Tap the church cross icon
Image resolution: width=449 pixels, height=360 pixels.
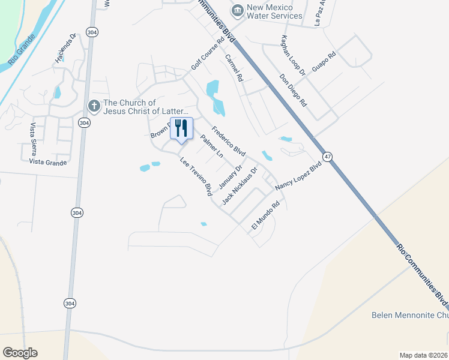click(94, 106)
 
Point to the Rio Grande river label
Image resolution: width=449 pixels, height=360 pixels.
click(23, 49)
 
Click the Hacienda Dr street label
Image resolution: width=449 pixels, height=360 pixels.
click(67, 48)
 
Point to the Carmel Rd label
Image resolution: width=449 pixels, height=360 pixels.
click(234, 68)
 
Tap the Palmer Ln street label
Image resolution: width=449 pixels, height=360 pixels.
click(212, 147)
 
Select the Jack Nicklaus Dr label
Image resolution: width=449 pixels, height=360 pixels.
click(240, 185)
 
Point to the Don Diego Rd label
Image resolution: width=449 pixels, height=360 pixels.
click(294, 90)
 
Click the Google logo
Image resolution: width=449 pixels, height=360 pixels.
click(20, 353)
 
